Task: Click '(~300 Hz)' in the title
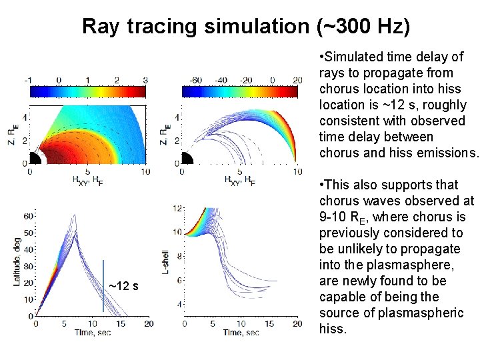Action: tap(364, 26)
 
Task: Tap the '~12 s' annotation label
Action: tap(123, 286)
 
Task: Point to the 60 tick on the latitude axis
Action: tap(27, 217)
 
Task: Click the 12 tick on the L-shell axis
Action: tap(177, 209)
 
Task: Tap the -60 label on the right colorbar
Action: tap(195, 80)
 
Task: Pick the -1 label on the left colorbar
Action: tap(27, 80)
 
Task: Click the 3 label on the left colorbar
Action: tap(145, 80)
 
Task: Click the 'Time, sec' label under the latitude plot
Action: tap(91, 332)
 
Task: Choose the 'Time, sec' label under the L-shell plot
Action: tap(241, 332)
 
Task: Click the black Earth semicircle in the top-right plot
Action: tap(186, 160)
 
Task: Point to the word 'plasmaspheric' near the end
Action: tap(425, 313)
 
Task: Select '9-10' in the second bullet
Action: tap(332, 217)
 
